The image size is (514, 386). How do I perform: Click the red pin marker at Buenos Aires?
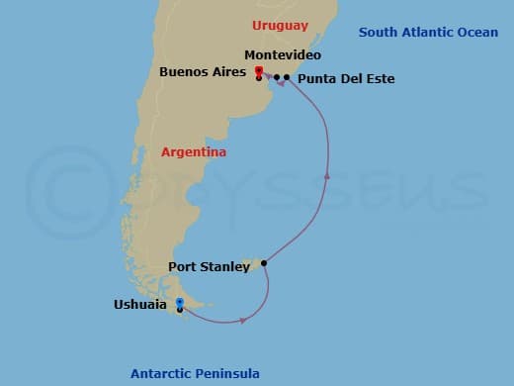coord(258,70)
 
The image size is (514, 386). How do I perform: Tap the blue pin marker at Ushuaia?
coord(179,303)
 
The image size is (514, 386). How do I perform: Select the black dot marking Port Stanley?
coord(263,263)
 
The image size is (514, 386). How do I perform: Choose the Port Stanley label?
coord(209,266)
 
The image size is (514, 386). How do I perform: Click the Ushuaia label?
coord(139,305)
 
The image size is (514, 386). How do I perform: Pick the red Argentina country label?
coord(194,152)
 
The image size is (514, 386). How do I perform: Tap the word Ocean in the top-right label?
coord(477,33)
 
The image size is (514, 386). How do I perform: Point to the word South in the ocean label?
coord(378,33)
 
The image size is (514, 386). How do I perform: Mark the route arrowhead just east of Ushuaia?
coord(241,321)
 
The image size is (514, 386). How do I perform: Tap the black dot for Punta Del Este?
coord(287,77)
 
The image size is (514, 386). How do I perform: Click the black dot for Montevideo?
coord(277,77)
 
